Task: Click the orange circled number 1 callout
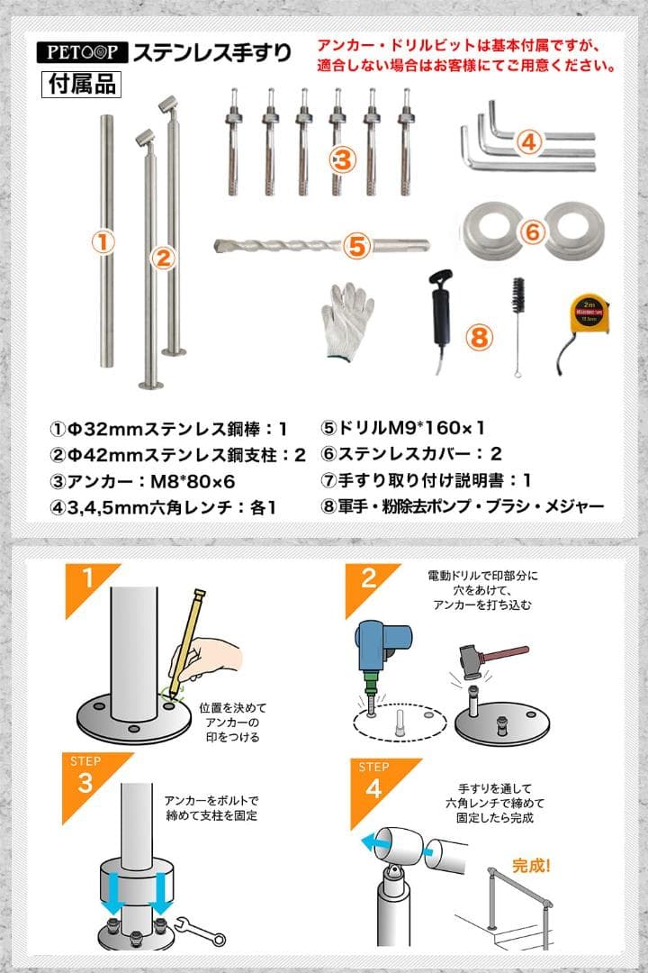click(104, 241)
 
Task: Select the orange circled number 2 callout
click(163, 259)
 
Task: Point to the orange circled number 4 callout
click(528, 141)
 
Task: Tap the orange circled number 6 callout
click(533, 232)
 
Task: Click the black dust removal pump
click(442, 312)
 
